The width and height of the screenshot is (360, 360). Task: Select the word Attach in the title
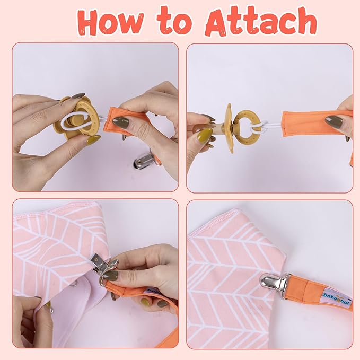point(261,21)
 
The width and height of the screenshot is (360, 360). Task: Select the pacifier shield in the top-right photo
point(229,128)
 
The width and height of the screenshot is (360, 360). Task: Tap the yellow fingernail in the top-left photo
point(94,139)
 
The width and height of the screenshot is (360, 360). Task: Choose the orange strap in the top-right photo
point(317,124)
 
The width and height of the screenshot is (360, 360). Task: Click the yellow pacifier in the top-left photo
point(76,118)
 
